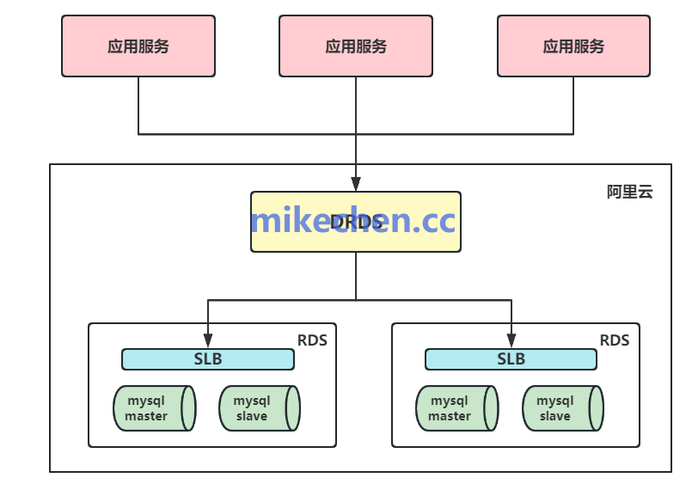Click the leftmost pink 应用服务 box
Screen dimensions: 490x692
tap(138, 46)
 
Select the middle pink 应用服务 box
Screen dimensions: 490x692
tap(356, 46)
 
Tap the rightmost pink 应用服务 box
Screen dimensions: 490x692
tap(573, 46)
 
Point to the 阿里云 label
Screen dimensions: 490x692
tap(629, 192)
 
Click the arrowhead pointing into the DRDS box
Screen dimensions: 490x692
tap(356, 184)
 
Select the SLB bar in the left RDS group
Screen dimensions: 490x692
tap(208, 359)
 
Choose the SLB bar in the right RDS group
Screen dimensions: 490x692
tap(511, 359)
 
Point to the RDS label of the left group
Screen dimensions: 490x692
tap(312, 340)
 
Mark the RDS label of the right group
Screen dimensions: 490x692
tap(615, 340)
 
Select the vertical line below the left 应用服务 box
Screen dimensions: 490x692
tap(138, 105)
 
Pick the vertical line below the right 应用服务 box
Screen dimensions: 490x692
tap(573, 105)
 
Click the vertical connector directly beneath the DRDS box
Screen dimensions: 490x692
tap(356, 275)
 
